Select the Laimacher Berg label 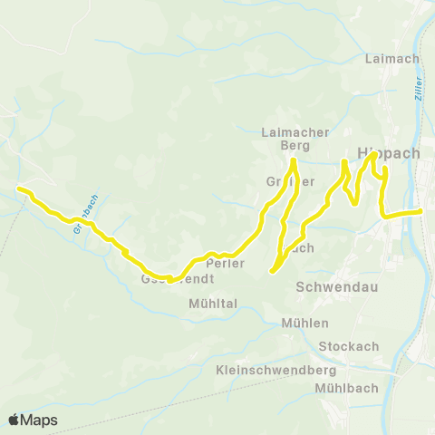click(x=295, y=139)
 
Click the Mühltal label click(x=213, y=304)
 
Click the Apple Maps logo click(x=33, y=420)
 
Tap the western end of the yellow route click(x=18, y=188)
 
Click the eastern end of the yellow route click(x=420, y=211)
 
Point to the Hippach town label click(x=389, y=153)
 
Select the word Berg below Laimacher click(x=295, y=145)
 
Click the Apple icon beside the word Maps click(x=14, y=420)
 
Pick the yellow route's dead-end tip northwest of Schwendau click(x=273, y=269)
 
